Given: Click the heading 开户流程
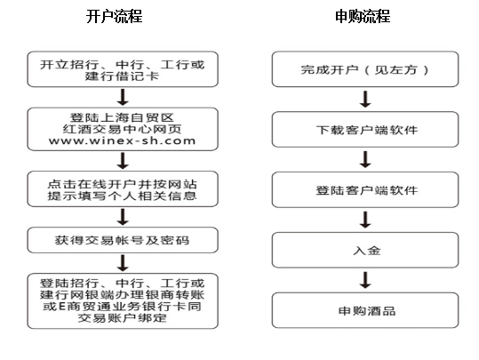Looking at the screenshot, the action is (115, 16).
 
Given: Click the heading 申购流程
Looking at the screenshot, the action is (363, 16).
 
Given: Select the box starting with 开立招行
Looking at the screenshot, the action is (123, 69).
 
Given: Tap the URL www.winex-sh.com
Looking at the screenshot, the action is (122, 140).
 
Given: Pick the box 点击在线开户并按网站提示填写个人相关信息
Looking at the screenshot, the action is (123, 188).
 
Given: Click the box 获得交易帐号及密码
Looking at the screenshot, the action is (123, 240).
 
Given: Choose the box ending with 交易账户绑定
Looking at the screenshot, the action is (123, 301).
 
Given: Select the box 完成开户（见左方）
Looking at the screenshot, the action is (365, 69).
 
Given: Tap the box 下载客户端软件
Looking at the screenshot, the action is (365, 129).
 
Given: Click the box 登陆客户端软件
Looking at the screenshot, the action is (365, 190).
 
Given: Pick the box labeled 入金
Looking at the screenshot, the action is (365, 250).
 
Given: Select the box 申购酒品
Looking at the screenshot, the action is (365, 310).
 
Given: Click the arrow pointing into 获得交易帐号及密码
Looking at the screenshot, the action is (123, 217).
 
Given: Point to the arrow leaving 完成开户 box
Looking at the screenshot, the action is (365, 99).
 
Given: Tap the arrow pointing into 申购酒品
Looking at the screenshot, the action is (365, 280).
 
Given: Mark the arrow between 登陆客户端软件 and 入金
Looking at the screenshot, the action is (365, 220).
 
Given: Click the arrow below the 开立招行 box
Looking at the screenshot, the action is (123, 98).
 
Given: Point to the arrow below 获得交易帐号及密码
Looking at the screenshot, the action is (123, 263).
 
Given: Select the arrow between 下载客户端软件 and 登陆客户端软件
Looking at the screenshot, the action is (365, 159).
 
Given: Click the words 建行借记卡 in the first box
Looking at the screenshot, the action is (122, 76).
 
